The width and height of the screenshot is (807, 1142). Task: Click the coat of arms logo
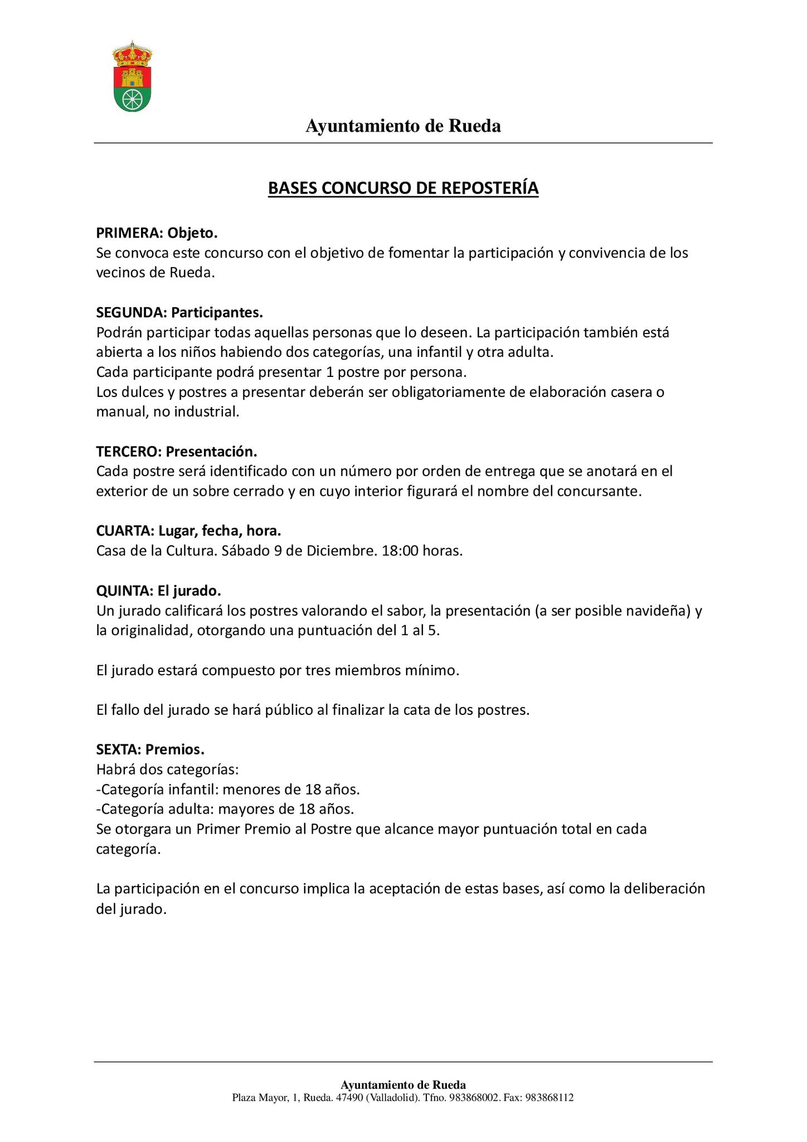coord(132,76)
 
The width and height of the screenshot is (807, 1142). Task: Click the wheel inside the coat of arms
coord(132,99)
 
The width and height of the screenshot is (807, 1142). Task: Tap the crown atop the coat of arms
coord(132,53)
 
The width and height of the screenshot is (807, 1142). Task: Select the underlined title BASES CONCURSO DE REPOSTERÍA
coord(403,188)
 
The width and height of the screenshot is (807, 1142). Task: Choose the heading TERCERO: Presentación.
coord(177,451)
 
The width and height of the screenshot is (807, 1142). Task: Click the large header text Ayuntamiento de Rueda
coord(403,127)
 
